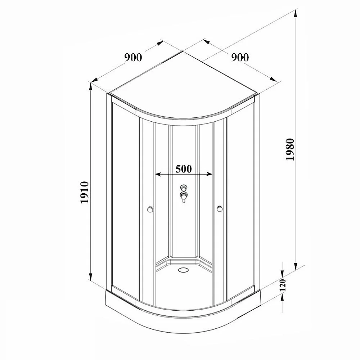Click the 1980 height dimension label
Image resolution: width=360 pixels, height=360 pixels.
click(x=291, y=149)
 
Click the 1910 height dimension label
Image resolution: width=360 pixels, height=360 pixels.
click(x=85, y=192)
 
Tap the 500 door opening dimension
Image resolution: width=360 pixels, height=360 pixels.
click(x=184, y=169)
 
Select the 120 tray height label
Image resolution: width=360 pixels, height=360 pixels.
click(x=283, y=285)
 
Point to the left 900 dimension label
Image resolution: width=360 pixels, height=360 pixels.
click(x=133, y=57)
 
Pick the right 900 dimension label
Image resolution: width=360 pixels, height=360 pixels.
click(x=240, y=57)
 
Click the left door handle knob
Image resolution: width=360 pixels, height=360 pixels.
click(x=150, y=209)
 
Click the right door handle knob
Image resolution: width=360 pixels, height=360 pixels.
click(x=220, y=209)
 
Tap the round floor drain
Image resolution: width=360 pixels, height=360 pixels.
click(x=183, y=270)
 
